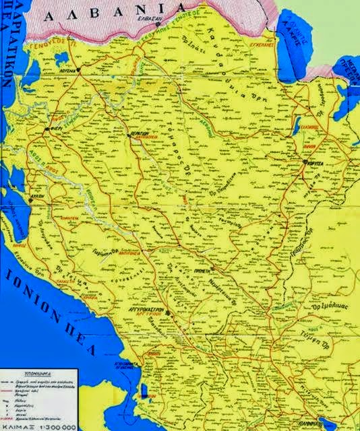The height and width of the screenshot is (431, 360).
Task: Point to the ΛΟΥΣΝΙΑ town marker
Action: pyautogui.click(x=78, y=69)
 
